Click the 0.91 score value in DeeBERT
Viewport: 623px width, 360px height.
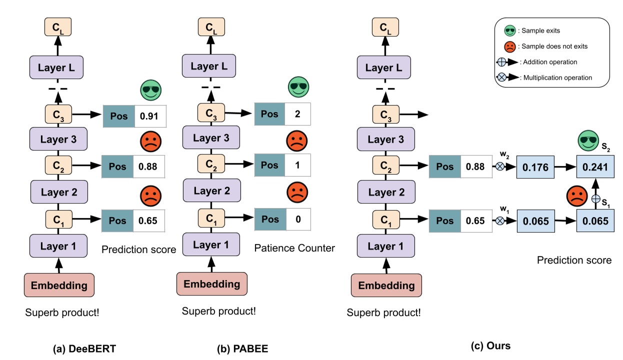click(x=149, y=116)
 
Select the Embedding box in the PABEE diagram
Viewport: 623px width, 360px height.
click(x=212, y=283)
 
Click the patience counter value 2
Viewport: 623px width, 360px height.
click(x=297, y=114)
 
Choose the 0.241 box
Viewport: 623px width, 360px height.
click(x=595, y=167)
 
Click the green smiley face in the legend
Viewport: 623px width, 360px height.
click(x=510, y=31)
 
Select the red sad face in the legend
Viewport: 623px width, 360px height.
click(x=510, y=46)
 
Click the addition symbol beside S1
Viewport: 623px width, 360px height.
click(x=595, y=198)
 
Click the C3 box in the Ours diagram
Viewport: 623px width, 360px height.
click(x=385, y=115)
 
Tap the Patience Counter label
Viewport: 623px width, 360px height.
click(x=294, y=248)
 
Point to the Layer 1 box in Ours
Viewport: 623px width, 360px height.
click(x=385, y=246)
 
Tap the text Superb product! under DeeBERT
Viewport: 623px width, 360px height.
click(x=62, y=313)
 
